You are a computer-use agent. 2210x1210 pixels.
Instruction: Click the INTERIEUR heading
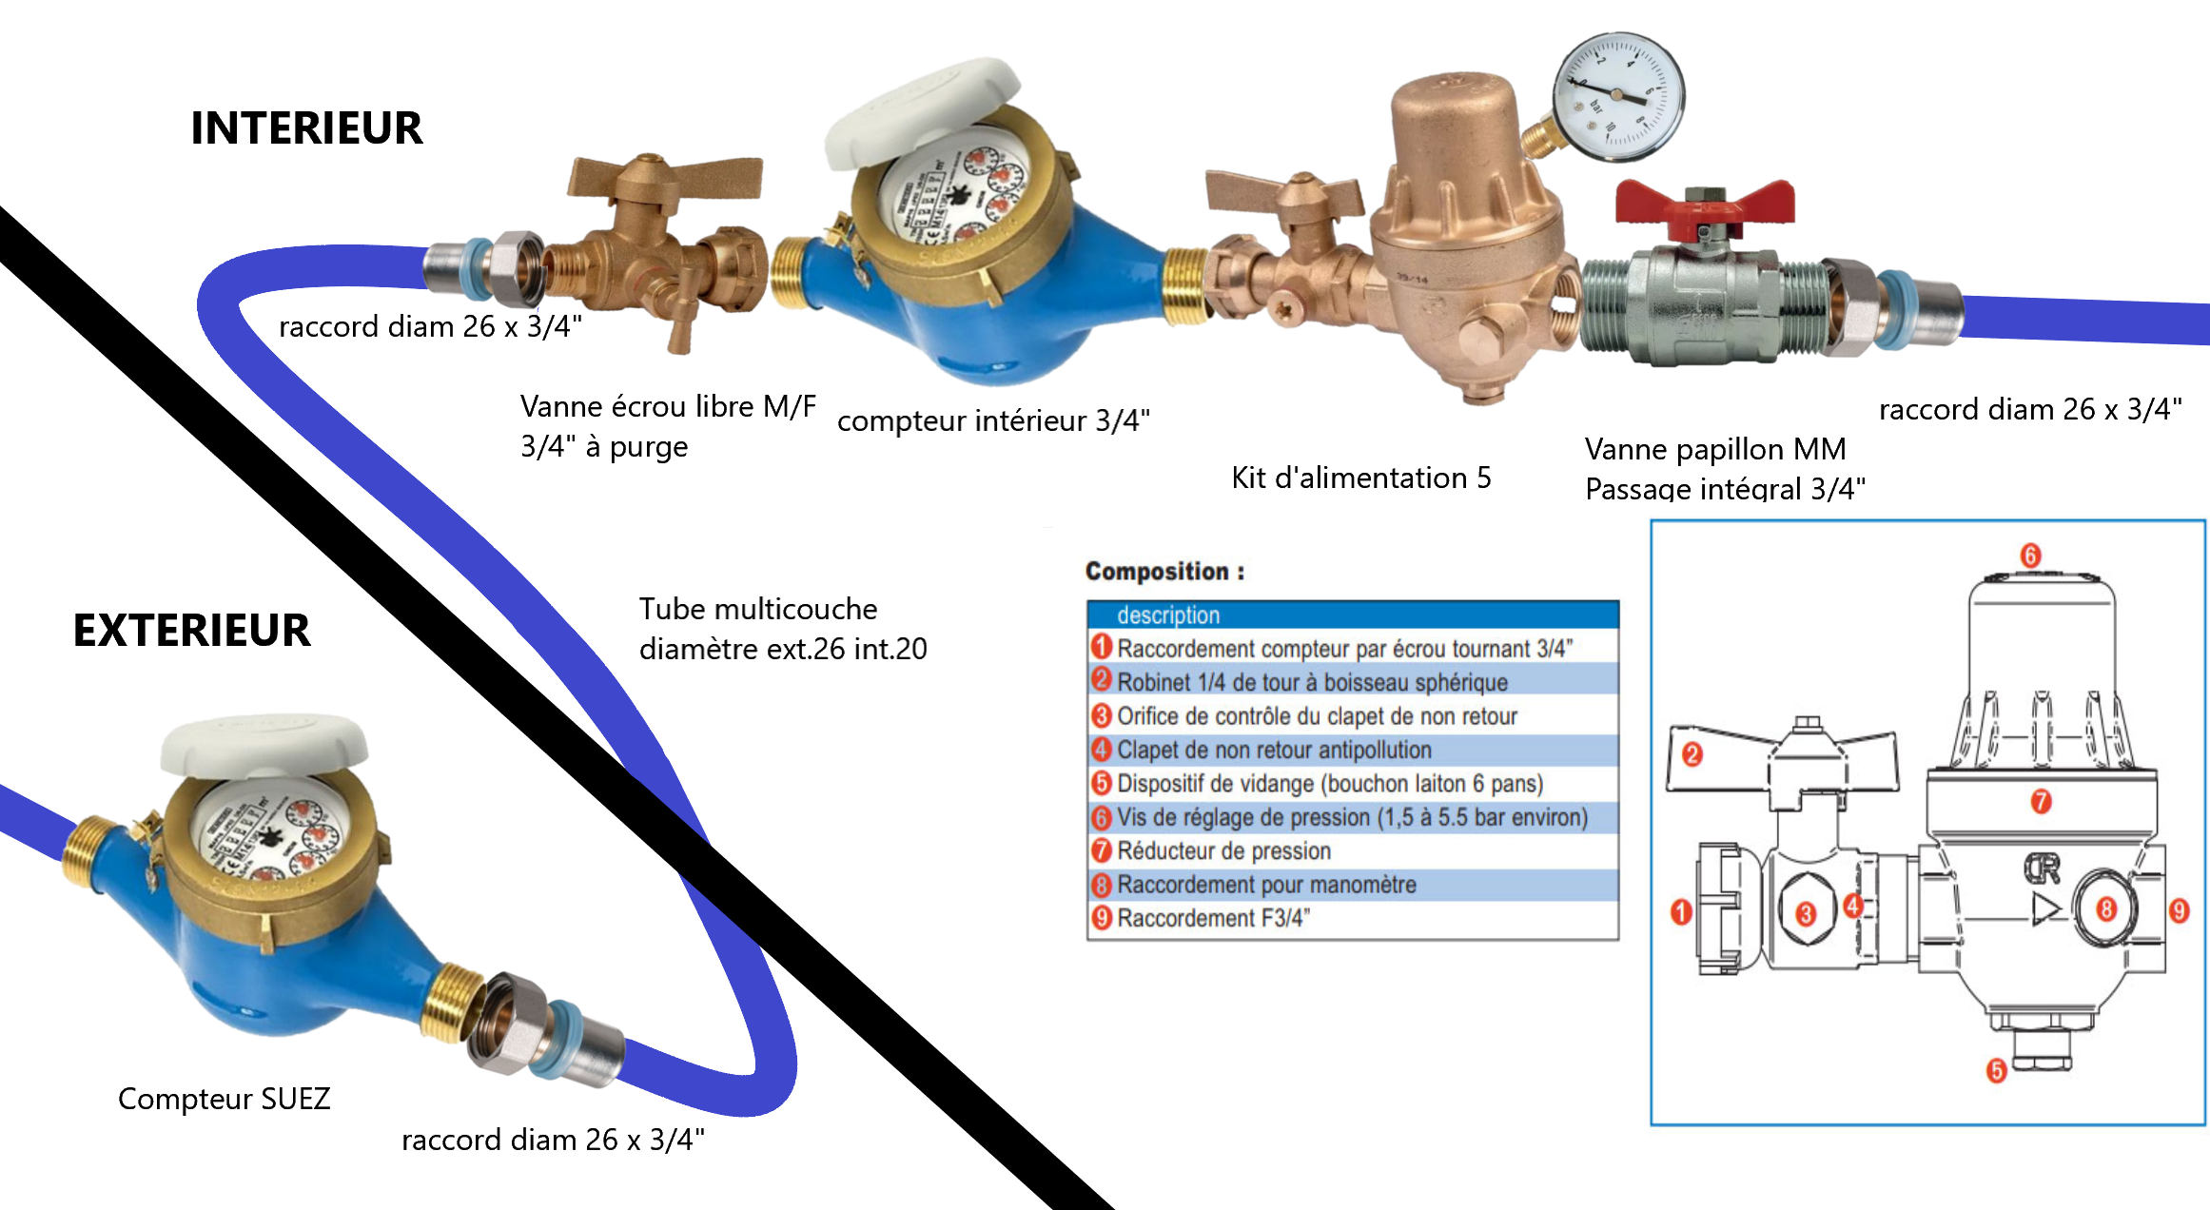point(306,128)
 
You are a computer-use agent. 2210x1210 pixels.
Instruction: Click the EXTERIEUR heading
point(191,631)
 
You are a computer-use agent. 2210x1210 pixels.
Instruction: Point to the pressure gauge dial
point(1618,96)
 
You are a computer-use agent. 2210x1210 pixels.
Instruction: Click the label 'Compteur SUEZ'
point(224,1099)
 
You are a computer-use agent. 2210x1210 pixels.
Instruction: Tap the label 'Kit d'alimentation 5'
point(1360,478)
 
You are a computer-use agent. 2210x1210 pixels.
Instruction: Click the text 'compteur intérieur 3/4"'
point(993,420)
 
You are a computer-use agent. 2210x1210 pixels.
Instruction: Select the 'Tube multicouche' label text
point(758,609)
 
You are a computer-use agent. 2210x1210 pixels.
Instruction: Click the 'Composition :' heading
point(1164,572)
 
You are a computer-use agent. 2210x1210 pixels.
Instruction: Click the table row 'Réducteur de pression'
point(1223,850)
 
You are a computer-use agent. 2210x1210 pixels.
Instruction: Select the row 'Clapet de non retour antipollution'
point(1273,750)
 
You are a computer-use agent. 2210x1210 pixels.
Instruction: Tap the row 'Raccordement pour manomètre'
point(1265,885)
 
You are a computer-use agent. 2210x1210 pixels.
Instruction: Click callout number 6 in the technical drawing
point(2030,556)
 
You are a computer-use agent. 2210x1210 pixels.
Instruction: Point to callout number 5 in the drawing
point(1996,1071)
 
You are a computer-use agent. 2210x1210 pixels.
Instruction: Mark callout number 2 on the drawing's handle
point(1692,755)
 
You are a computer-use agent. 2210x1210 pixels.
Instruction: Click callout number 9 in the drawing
point(2180,910)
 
